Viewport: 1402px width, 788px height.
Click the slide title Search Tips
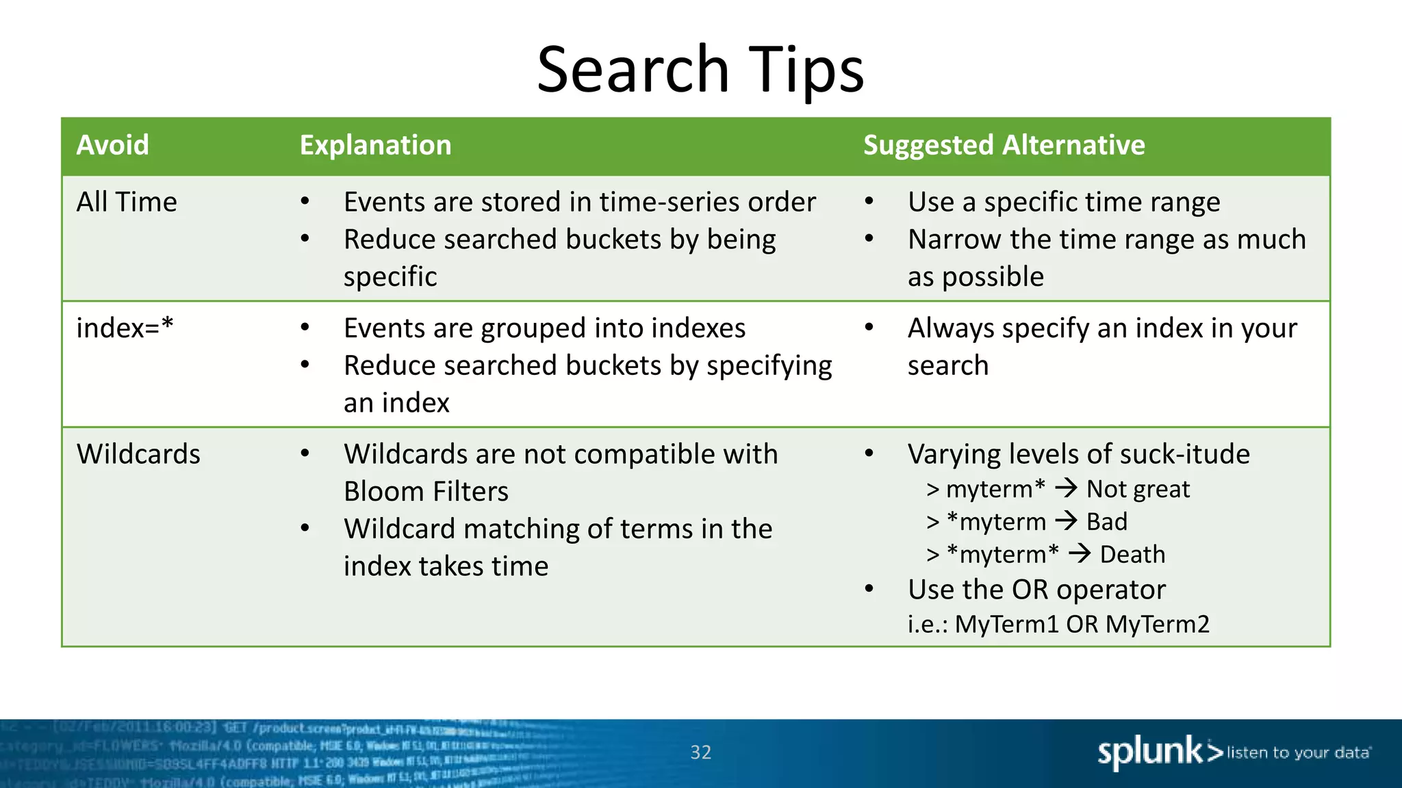700,69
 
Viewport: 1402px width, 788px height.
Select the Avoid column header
112,145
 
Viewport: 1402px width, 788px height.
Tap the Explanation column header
375,145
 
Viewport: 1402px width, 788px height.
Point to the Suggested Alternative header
1004,145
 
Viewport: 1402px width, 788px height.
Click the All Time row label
127,202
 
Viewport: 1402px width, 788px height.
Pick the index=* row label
125,328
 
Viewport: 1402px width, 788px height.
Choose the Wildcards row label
138,454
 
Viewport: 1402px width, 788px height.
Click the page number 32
700,752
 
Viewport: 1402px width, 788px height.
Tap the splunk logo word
1150,752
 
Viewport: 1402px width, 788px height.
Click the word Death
1132,554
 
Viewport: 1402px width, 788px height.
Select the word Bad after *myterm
1106,522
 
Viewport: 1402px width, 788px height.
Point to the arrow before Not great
1066,488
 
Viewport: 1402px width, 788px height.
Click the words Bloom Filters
426,492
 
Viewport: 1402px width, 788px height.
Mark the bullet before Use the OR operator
869,589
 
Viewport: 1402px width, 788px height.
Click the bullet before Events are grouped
305,328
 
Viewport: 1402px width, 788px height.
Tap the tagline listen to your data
1298,752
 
